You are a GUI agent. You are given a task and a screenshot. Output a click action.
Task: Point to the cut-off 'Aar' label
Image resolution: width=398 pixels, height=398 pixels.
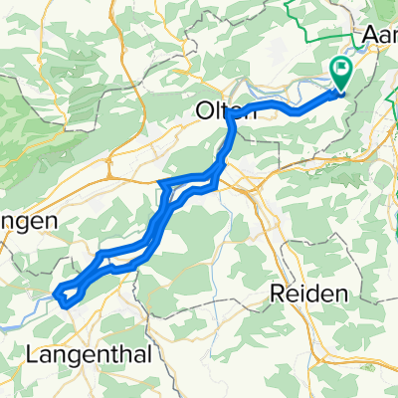click(379, 35)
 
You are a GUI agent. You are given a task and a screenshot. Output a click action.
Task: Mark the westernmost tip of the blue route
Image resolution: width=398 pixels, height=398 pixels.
click(55, 292)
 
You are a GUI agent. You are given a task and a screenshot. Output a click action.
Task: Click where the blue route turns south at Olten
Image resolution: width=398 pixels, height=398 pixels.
click(230, 111)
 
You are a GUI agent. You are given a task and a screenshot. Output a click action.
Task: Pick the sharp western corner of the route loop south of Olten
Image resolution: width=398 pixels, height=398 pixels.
click(160, 183)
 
